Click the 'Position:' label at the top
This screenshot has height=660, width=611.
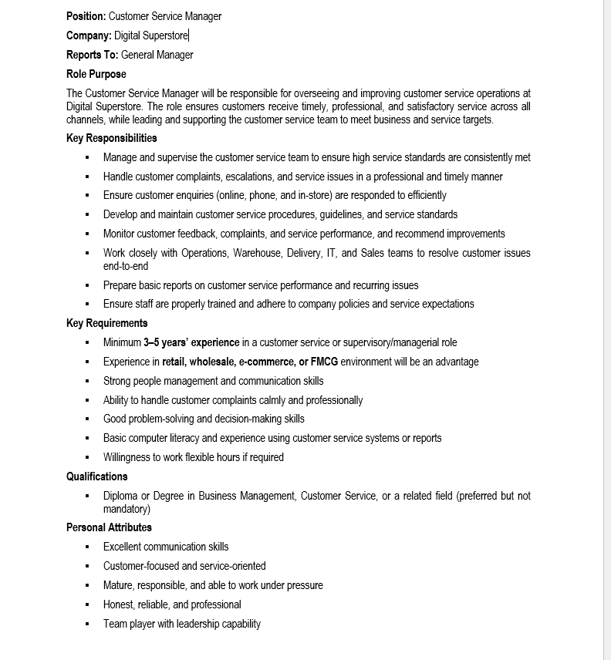tap(86, 16)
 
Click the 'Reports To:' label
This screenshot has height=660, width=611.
tap(92, 55)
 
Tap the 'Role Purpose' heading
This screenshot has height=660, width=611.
tap(96, 74)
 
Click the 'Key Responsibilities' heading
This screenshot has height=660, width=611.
tap(111, 138)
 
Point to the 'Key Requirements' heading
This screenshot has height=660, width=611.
tap(106, 323)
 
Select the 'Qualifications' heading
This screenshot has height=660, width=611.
tap(97, 476)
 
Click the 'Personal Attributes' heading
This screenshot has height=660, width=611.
tap(109, 527)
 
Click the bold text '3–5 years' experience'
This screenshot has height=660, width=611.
tap(191, 342)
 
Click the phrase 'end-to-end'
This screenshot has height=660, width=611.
tap(126, 266)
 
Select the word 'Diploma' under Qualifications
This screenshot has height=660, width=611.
tap(120, 496)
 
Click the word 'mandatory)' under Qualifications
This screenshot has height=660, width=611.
tap(127, 509)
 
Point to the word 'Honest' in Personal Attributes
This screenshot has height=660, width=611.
tap(119, 604)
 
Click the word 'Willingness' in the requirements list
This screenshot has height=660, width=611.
tap(128, 457)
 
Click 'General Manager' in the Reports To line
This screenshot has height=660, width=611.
tap(157, 55)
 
